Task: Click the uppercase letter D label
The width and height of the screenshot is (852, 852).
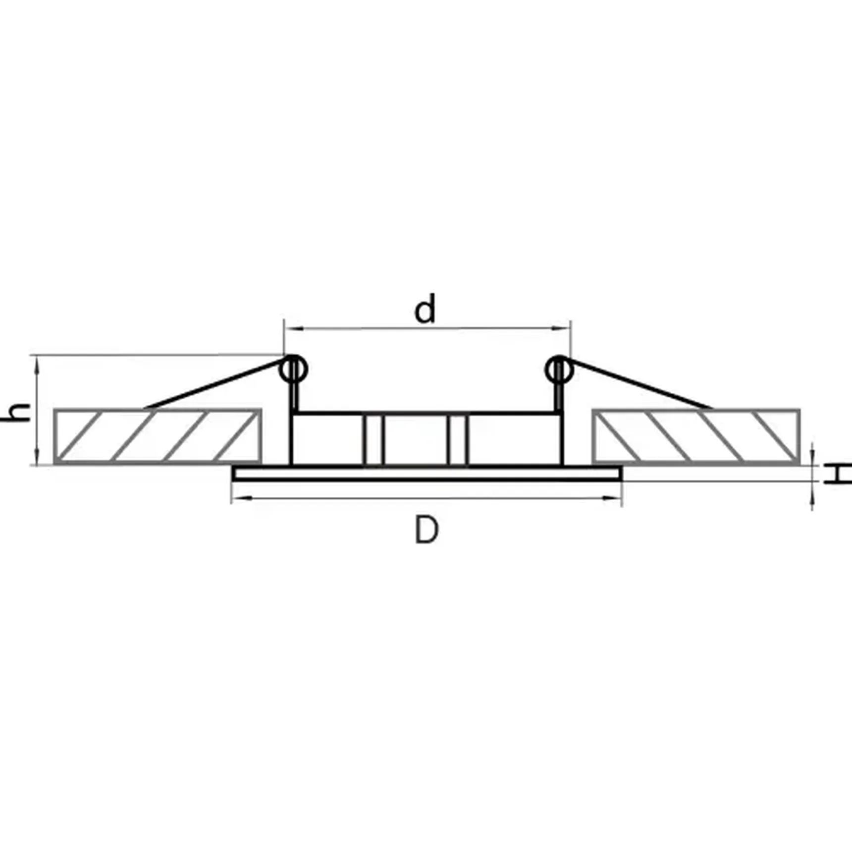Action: (x=426, y=530)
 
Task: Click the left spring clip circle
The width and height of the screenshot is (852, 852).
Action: (x=293, y=370)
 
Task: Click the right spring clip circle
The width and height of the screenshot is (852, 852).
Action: (x=559, y=370)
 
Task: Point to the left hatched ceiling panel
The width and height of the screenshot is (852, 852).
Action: (x=158, y=436)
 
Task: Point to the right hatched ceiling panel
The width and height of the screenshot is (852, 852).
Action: (x=696, y=436)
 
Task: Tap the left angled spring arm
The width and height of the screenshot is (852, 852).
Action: (x=213, y=384)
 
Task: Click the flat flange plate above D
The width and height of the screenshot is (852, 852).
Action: (x=426, y=474)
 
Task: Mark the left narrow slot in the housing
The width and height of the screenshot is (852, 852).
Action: (x=373, y=439)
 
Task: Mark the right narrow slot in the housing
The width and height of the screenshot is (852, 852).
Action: (x=458, y=439)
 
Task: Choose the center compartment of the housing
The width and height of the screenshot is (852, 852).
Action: (x=416, y=439)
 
